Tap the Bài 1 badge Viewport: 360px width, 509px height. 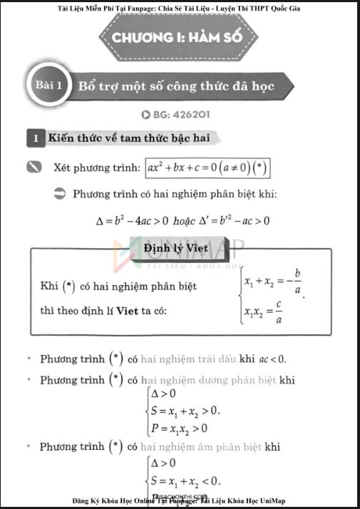pos(51,86)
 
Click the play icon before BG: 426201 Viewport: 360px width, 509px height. pos(146,114)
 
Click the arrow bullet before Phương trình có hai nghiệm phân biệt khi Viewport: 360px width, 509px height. pos(60,194)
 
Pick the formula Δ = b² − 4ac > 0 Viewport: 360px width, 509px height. pos(132,220)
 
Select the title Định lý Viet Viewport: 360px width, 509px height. pos(180,249)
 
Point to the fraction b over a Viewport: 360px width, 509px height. pos(297,282)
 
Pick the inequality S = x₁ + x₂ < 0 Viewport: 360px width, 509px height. pos(183,478)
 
